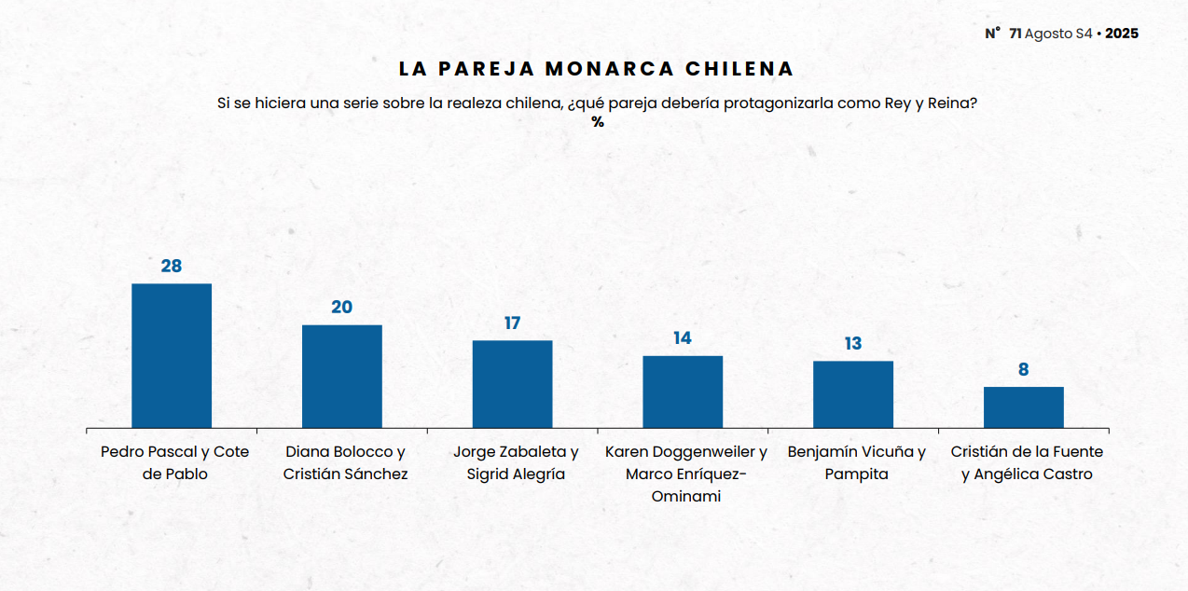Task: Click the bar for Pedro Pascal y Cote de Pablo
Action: pos(172,355)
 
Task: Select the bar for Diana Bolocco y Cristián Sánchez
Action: pos(342,376)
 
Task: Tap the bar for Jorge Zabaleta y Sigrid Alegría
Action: pos(512,384)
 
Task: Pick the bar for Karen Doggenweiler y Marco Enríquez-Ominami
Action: pos(683,392)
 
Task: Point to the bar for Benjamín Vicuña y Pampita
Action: pos(853,394)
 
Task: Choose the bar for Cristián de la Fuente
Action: pos(1023,407)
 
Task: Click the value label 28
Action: pos(172,267)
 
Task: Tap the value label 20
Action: pos(342,308)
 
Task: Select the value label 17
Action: pos(512,323)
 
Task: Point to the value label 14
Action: pos(683,338)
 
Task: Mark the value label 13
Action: pos(853,344)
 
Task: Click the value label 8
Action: pos(1023,370)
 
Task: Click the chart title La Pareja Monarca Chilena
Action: pos(597,69)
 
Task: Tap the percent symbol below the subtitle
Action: pos(598,122)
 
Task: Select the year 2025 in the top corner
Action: pos(1122,34)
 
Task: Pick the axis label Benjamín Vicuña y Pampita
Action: pos(856,462)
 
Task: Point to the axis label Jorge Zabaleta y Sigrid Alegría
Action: pos(516,462)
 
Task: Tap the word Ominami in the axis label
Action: pos(686,496)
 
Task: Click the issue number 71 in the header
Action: pos(1015,34)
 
